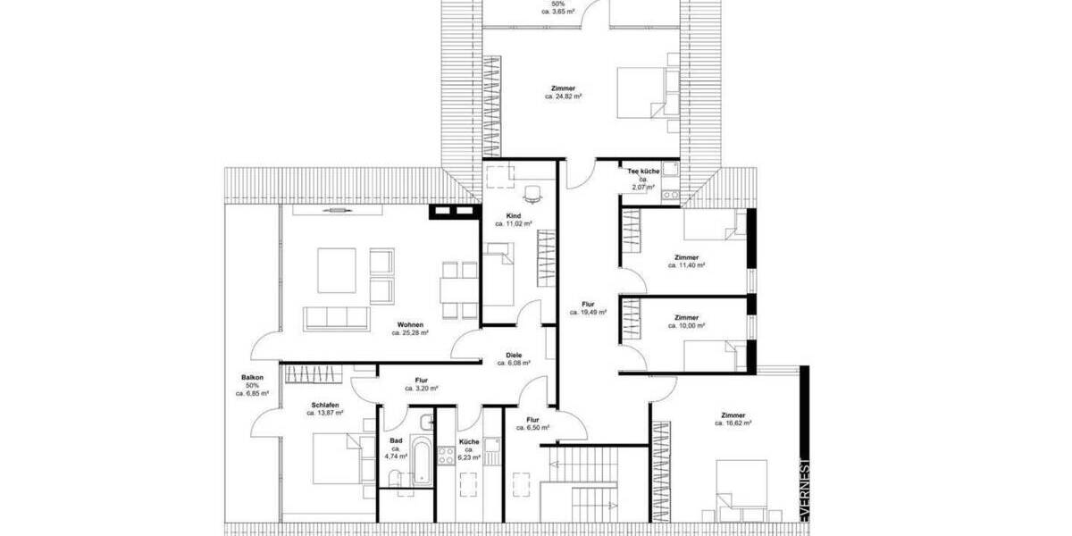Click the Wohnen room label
[411, 324]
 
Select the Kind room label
[513, 216]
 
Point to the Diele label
[514, 355]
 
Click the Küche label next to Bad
[469, 441]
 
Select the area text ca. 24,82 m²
[563, 96]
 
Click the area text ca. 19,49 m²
[588, 313]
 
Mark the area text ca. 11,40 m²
[686, 266]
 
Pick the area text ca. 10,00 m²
[686, 326]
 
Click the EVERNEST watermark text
[804, 491]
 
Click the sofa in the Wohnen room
[338, 318]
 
